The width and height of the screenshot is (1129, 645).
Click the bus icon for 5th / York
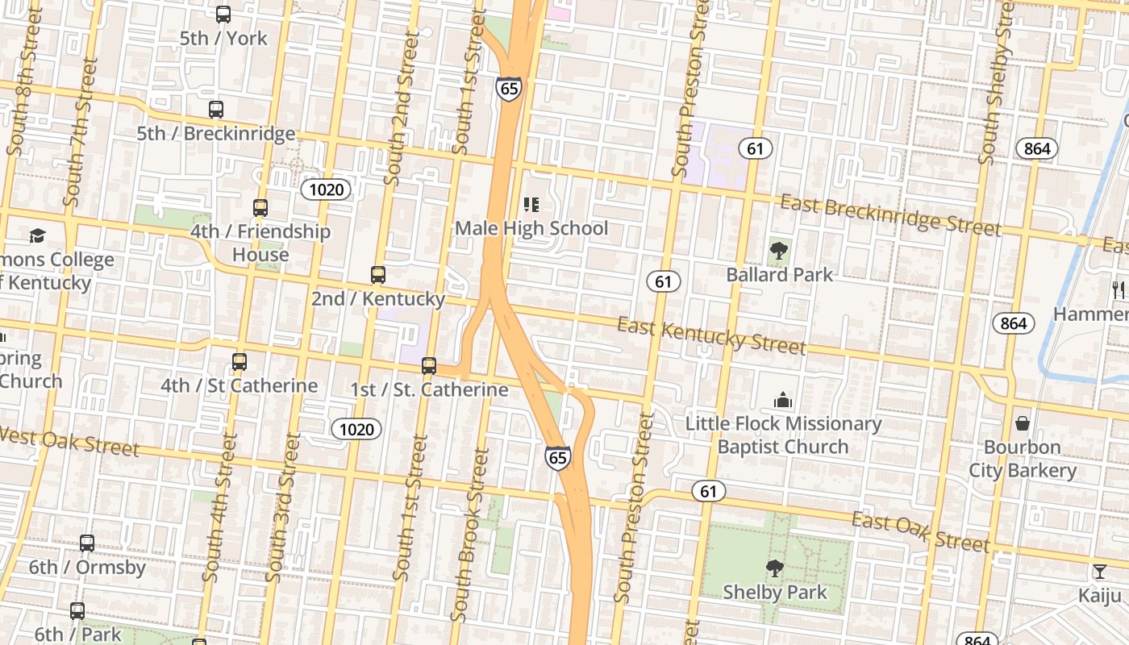tap(223, 15)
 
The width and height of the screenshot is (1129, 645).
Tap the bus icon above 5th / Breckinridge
tap(215, 110)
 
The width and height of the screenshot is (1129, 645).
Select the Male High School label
tap(531, 228)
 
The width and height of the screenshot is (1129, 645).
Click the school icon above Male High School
tap(531, 205)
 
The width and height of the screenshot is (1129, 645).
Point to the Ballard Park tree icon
tap(778, 251)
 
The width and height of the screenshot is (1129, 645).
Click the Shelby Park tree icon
tap(774, 568)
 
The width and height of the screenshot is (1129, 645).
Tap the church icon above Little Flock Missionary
tap(782, 400)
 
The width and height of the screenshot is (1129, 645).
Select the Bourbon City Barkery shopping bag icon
tap(1022, 423)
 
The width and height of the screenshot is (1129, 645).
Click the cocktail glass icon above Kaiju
tap(1099, 572)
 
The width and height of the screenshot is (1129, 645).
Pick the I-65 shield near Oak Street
tap(557, 458)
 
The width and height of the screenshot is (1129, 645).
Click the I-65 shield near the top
tap(509, 88)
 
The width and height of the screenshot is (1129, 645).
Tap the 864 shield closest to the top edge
tap(1036, 148)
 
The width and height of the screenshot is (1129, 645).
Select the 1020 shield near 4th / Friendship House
tap(326, 189)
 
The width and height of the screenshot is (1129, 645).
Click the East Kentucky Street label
tap(711, 336)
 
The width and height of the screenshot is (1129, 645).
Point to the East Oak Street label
tap(920, 532)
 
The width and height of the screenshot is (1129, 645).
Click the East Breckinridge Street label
tap(890, 215)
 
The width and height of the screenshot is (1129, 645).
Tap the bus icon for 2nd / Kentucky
tap(378, 275)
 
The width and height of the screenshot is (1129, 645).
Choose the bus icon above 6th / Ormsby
tap(86, 543)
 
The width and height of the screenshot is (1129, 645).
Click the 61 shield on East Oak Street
tap(707, 491)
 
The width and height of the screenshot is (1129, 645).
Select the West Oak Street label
tap(69, 442)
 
